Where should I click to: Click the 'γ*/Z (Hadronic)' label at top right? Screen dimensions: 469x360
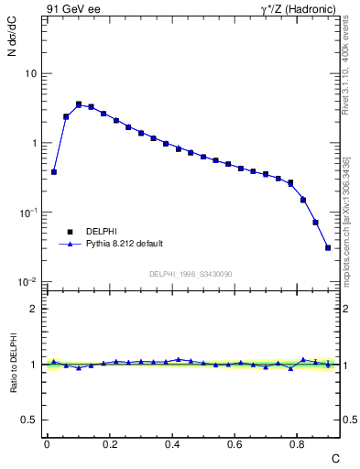(x=300, y=8)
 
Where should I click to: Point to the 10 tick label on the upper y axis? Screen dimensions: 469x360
(x=30, y=73)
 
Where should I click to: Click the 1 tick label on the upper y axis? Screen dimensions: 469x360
(x=34, y=143)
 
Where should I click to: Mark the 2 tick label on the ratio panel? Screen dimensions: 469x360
(x=34, y=309)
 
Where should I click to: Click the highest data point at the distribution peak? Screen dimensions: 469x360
(x=79, y=104)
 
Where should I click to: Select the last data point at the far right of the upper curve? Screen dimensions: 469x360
(x=328, y=247)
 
